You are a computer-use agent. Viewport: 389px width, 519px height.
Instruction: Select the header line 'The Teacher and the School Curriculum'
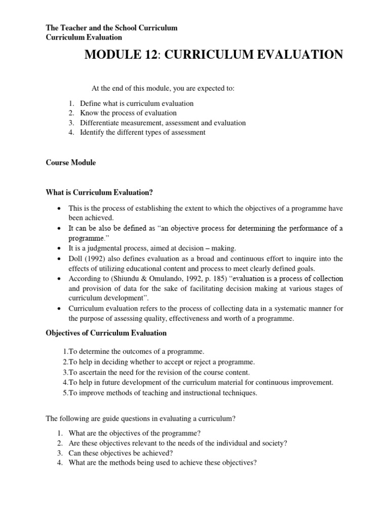pos(111,28)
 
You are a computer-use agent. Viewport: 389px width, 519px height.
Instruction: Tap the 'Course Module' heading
pos(70,163)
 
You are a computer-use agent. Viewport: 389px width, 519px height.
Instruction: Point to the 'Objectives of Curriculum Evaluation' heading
pos(106,333)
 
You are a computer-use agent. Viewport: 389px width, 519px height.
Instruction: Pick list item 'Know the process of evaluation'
pos(128,113)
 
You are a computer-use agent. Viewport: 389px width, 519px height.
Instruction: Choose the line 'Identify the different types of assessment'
pos(142,132)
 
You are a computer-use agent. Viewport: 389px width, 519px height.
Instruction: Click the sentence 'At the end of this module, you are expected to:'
pos(163,88)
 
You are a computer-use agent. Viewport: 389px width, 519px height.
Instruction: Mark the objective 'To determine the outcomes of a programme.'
pos(127,352)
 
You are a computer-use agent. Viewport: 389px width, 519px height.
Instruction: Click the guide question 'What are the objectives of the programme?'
pos(137,433)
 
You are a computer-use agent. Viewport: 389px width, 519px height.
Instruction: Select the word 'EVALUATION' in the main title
pos(299,54)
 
